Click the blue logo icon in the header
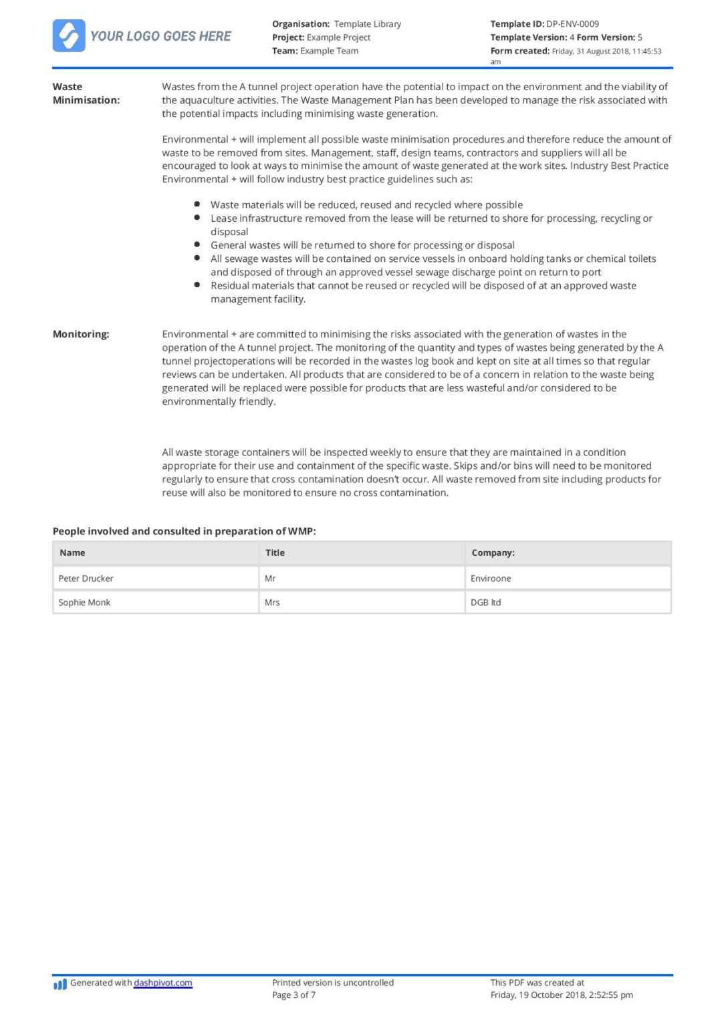click(69, 35)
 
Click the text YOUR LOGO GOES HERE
click(160, 36)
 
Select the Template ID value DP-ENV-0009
click(572, 24)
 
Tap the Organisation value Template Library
click(367, 24)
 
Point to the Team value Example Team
click(329, 51)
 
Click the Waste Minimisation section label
click(86, 94)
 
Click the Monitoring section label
click(81, 334)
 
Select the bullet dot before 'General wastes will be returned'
click(197, 244)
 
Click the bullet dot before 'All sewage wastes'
click(197, 258)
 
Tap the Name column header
click(72, 552)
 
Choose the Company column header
click(493, 552)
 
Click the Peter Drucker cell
click(86, 578)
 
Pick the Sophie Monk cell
click(84, 603)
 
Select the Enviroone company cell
click(491, 578)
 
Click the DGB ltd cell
click(485, 603)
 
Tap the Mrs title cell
click(272, 603)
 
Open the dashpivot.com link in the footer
click(163, 983)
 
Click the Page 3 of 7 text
click(293, 995)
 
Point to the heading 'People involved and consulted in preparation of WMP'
click(184, 531)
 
